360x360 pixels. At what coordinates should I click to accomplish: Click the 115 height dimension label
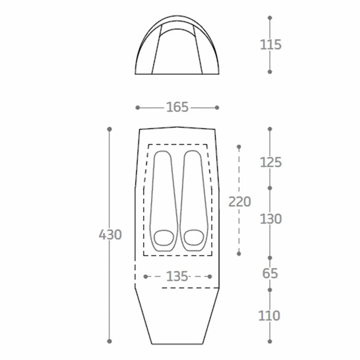pos(271,45)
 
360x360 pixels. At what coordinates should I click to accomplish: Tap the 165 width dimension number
pos(178,108)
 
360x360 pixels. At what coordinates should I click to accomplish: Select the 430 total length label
pos(110,235)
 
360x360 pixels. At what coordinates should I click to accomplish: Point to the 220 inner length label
pos(240,202)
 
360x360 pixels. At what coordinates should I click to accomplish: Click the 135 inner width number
pos(177,276)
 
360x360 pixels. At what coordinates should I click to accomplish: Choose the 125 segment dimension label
pos(271,162)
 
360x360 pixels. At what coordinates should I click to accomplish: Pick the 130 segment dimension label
pos(271,219)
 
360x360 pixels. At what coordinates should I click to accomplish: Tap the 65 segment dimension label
pos(270,274)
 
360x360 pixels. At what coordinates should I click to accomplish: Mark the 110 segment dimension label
pos(269,316)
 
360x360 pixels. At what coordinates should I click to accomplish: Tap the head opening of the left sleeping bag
pos(164,237)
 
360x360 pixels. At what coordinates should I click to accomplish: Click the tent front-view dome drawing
pos(177,46)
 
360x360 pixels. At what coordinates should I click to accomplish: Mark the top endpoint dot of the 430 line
pos(109,129)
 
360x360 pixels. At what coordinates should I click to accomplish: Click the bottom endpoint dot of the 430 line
pos(109,341)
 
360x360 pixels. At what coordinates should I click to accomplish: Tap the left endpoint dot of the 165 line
pos(138,108)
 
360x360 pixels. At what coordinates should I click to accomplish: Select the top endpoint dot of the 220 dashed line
pos(239,146)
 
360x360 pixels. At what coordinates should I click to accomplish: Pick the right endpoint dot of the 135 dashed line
pos(210,276)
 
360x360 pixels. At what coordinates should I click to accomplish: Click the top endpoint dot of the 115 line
pos(270,18)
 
